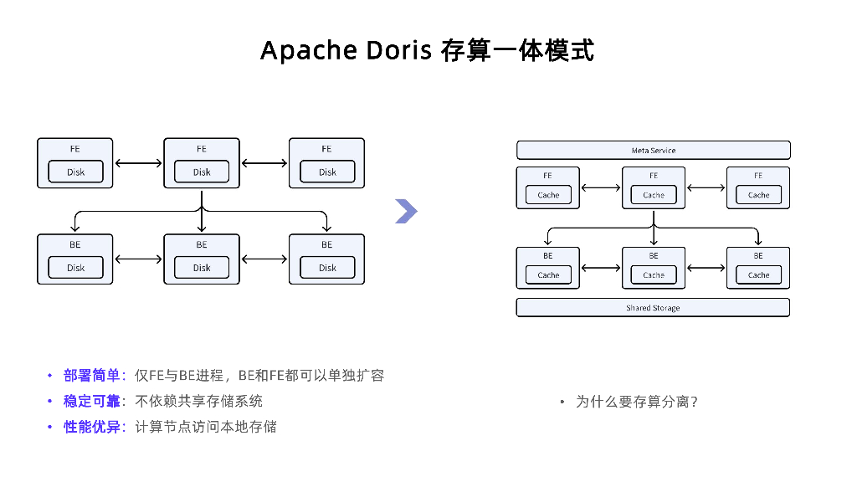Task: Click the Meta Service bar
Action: [653, 151]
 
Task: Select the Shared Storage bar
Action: [653, 308]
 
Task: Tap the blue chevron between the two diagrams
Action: [406, 212]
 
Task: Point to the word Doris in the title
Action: [399, 50]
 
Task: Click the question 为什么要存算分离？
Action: [637, 402]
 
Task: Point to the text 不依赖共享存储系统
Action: [199, 401]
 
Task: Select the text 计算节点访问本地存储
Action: [206, 427]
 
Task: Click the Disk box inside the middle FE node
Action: [202, 172]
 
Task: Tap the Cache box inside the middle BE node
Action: [654, 274]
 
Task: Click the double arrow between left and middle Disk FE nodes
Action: [138, 163]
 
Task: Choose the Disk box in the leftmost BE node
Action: [76, 268]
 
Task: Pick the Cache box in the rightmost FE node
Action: [758, 195]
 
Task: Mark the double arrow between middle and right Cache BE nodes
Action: [706, 268]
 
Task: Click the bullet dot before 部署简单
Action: [49, 376]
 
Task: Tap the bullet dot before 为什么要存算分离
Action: [562, 402]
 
